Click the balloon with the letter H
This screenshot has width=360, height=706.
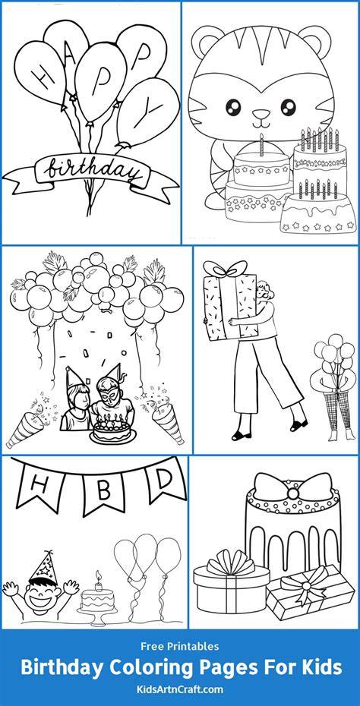tap(39, 72)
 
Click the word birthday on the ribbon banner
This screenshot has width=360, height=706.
tap(93, 171)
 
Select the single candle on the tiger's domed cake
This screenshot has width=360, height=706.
tap(261, 144)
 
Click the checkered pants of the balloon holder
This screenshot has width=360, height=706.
tap(339, 409)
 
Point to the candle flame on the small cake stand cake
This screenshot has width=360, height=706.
tap(98, 575)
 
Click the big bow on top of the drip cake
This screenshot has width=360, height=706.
tap(293, 489)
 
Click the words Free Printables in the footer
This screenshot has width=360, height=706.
tap(180, 647)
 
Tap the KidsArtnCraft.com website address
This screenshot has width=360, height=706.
tap(179, 689)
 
